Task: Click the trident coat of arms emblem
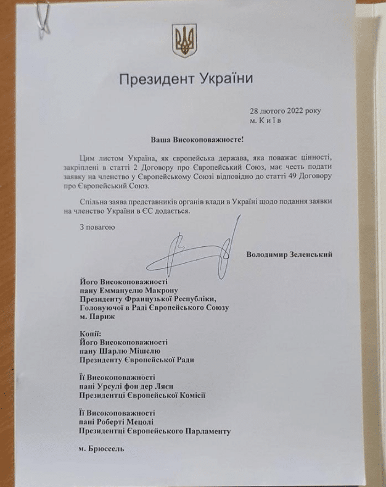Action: [184, 39]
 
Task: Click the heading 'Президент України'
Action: [186, 80]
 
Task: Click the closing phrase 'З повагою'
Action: [97, 227]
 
